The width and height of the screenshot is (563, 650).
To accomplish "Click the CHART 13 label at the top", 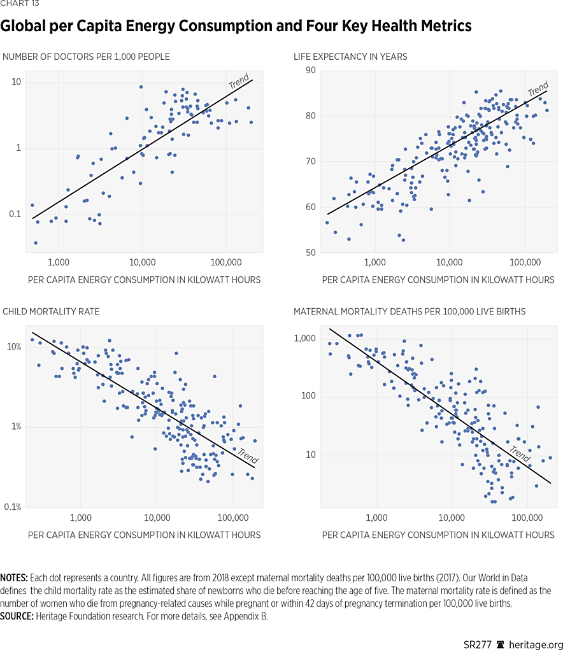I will coord(19,5).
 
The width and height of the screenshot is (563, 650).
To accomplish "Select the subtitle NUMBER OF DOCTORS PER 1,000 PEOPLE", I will coord(86,57).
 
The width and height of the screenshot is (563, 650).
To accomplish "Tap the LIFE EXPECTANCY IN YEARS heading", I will coord(350,57).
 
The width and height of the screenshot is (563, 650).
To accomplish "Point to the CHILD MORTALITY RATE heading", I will coord(51,311).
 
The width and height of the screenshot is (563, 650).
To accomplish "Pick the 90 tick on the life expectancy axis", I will coord(311,70).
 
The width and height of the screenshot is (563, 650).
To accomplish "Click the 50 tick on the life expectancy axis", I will coord(311,253).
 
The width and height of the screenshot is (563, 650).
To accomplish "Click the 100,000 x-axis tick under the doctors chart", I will coord(226,262).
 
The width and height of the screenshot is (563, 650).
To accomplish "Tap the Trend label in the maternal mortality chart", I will coord(520,453).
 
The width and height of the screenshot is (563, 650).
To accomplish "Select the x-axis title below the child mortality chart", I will coord(144,535).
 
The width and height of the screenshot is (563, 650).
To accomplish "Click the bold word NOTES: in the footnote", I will coord(14,577).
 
